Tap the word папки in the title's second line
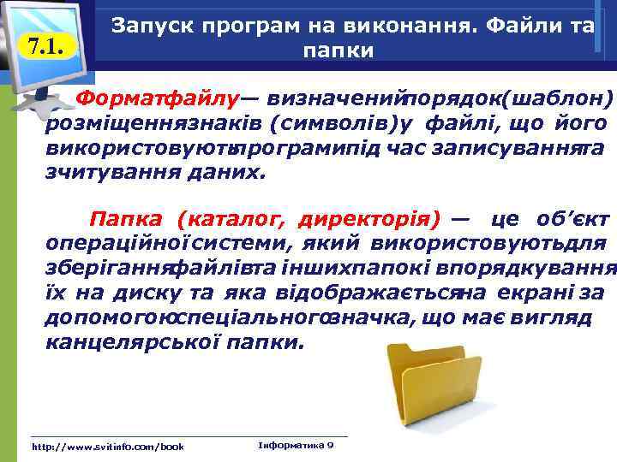tap(338, 50)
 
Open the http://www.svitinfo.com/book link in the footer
tap(107, 447)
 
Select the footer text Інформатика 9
tap(296, 446)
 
